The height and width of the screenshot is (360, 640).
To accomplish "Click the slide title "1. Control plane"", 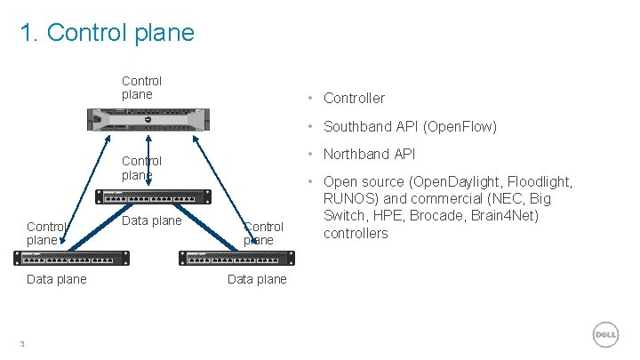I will pyautogui.click(x=107, y=33).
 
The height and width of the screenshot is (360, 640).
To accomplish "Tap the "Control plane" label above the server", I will pyautogui.click(x=141, y=87).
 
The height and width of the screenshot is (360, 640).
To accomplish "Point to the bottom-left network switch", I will pyautogui.click(x=71, y=258).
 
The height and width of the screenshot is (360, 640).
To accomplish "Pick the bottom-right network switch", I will pyautogui.click(x=236, y=258).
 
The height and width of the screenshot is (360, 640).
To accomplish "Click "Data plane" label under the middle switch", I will pyautogui.click(x=151, y=220).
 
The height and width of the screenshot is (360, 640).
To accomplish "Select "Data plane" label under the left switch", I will pyautogui.click(x=57, y=279).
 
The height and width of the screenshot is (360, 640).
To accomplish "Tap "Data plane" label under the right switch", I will pyautogui.click(x=257, y=279).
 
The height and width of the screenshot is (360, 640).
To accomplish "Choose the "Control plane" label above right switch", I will pyautogui.click(x=263, y=233).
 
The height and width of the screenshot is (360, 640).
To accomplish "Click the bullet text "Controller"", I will pyautogui.click(x=354, y=98).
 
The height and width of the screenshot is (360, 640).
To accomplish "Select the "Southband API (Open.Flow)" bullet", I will pyautogui.click(x=410, y=126).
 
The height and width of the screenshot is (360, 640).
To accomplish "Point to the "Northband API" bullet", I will pyautogui.click(x=369, y=154).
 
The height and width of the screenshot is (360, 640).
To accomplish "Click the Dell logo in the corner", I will pyautogui.click(x=605, y=333).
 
